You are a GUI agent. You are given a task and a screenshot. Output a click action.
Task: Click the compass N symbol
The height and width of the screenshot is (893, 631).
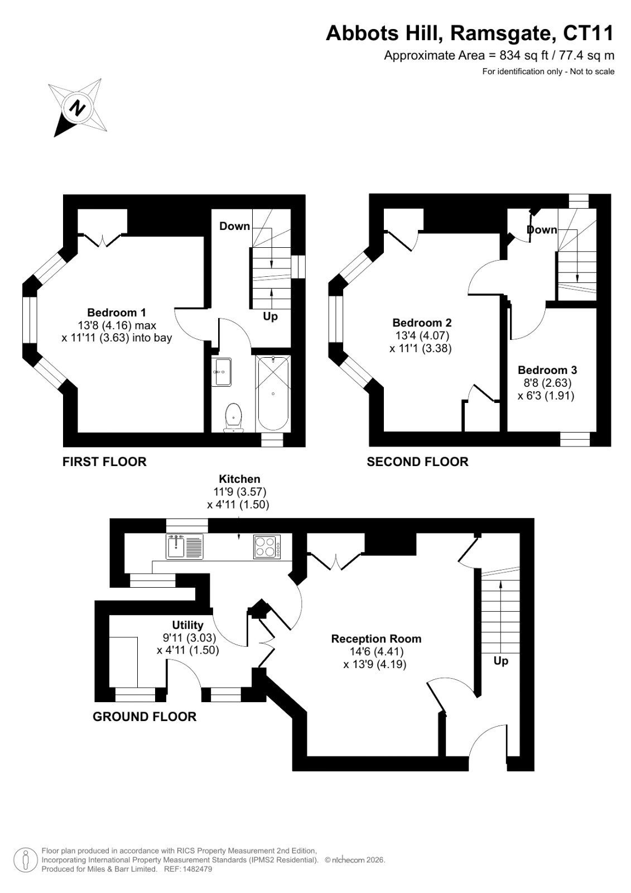pyautogui.click(x=78, y=108)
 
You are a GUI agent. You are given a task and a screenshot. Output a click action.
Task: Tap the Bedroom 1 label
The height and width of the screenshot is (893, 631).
pyautogui.click(x=117, y=312)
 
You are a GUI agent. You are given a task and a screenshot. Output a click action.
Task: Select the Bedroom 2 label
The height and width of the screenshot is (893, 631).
pyautogui.click(x=422, y=323)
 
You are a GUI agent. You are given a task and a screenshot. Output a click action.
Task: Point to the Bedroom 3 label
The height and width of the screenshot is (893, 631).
pyautogui.click(x=547, y=370)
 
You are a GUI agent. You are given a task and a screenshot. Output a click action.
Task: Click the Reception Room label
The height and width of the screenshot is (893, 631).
pyautogui.click(x=376, y=638)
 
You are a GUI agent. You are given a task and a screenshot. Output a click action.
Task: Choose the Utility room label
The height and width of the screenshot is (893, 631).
pyautogui.click(x=187, y=625)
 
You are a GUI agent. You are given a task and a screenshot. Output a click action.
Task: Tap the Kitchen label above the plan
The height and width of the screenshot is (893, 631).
pyautogui.click(x=239, y=479)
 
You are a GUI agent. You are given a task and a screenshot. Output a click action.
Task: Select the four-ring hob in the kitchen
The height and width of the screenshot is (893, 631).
pyautogui.click(x=267, y=546)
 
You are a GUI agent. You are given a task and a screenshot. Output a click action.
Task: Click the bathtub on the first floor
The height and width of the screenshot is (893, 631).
pyautogui.click(x=273, y=393)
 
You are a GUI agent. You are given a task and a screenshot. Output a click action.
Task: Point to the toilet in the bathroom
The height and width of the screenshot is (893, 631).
pyautogui.click(x=234, y=418)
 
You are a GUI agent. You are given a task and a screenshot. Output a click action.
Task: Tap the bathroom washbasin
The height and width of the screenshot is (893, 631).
pyautogui.click(x=223, y=372)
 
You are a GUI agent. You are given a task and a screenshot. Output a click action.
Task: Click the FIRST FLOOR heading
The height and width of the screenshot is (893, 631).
pyautogui.click(x=104, y=462)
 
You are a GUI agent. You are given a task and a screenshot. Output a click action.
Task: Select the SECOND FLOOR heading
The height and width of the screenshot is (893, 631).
pyautogui.click(x=417, y=462)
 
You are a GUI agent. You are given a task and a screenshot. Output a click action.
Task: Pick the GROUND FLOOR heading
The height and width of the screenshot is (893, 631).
pyautogui.click(x=144, y=717)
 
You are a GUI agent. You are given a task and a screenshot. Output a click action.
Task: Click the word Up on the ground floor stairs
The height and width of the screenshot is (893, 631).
pyautogui.click(x=500, y=661)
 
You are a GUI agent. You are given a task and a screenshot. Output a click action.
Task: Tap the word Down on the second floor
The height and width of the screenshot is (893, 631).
pyautogui.click(x=542, y=229)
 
